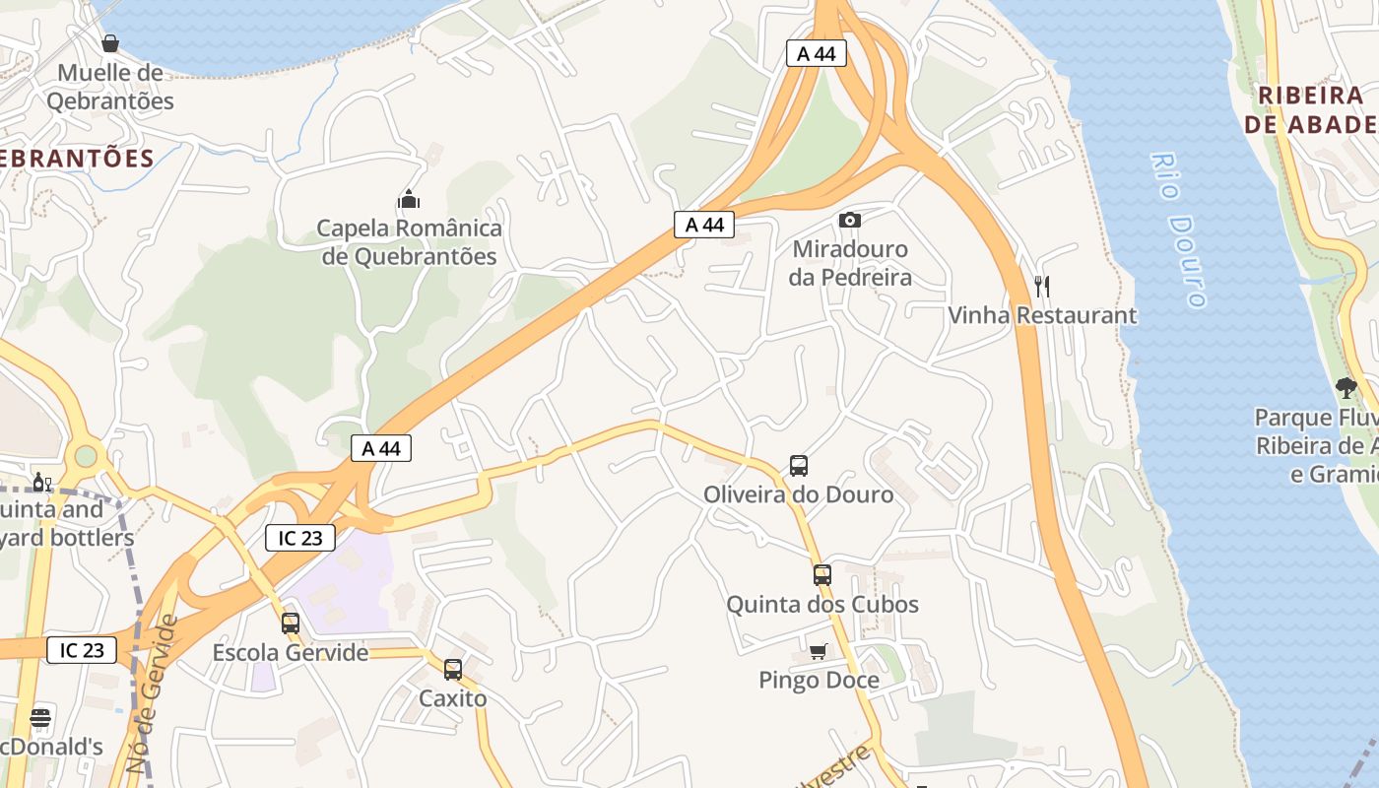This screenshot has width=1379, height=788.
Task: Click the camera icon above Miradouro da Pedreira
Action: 849,220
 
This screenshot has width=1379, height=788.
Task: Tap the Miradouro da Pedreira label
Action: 850,263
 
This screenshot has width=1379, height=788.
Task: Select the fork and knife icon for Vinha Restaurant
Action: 1042,287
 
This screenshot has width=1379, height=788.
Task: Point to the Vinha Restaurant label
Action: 1042,315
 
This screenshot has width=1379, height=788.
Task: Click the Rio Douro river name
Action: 1178,230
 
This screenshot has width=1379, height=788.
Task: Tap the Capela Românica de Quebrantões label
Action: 409,242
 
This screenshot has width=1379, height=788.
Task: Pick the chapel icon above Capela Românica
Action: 409,200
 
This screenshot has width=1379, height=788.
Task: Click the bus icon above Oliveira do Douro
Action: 799,466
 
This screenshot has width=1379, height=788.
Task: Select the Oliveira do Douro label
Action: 799,494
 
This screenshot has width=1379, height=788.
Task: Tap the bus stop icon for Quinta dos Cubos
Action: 822,575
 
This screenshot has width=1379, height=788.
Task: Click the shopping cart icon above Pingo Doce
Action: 818,651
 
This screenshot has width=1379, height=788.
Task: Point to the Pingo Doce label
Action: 819,680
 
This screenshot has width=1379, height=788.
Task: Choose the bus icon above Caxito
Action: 453,670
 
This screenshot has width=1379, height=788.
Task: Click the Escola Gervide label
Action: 291,652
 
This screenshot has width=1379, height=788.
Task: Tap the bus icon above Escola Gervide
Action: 291,623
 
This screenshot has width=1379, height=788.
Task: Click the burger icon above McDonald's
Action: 40,718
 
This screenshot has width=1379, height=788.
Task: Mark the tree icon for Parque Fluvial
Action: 1346,388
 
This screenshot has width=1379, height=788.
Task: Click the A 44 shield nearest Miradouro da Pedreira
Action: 704,225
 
